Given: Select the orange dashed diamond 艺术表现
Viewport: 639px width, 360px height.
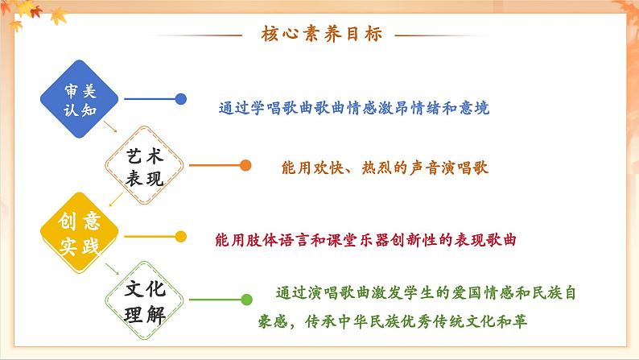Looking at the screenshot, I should click(145, 168).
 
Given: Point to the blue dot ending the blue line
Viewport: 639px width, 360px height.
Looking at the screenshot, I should click(182, 100).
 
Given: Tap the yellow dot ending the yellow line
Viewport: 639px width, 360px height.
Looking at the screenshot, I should click(182, 236).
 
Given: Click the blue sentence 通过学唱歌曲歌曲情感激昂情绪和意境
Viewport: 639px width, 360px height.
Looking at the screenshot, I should click(354, 107).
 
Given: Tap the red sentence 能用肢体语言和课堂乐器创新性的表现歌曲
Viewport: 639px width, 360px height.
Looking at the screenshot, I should click(365, 239).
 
